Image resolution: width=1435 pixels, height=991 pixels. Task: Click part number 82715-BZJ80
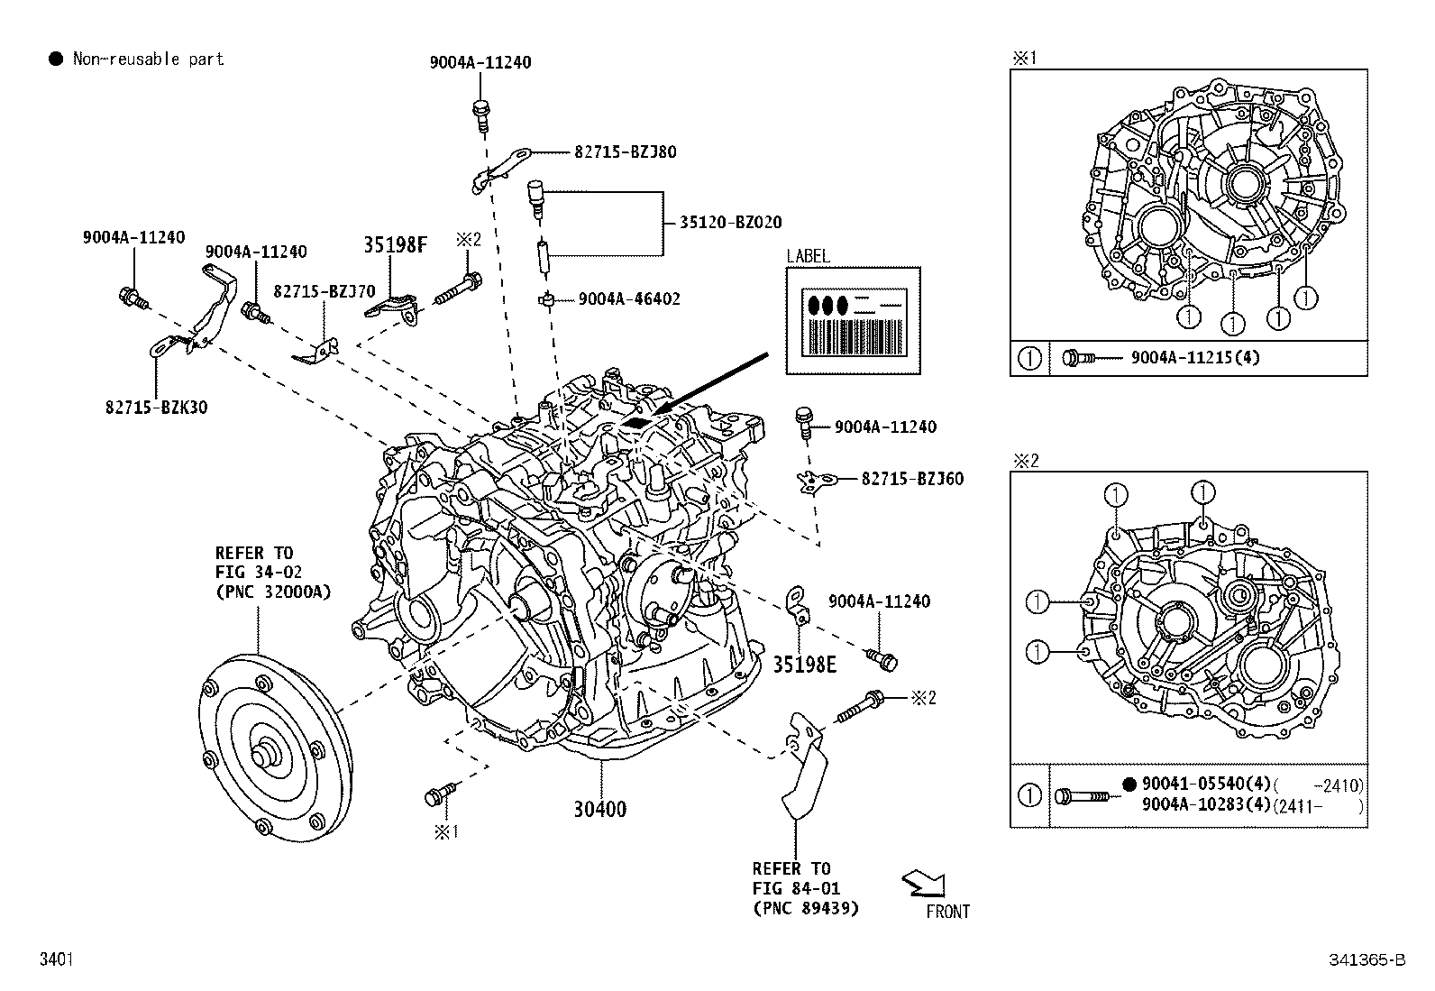(x=625, y=152)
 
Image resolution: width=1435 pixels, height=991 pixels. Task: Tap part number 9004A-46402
(x=629, y=298)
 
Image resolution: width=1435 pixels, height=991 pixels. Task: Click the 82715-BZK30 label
(x=155, y=407)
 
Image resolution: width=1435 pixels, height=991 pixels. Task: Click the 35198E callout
(x=804, y=665)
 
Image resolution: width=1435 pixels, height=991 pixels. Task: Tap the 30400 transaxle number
(x=599, y=809)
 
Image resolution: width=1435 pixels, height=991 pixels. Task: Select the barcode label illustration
(x=853, y=320)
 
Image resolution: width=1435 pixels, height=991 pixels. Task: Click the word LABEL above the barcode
(x=808, y=256)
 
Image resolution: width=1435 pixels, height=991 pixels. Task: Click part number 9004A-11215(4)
(x=1195, y=358)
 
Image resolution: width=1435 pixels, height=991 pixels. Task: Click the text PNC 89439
(x=805, y=908)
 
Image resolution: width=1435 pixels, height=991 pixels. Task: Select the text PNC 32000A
(x=273, y=592)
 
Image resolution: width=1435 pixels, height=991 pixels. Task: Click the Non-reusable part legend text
(x=148, y=60)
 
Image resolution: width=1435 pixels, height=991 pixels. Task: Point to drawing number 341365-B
(x=1366, y=960)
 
